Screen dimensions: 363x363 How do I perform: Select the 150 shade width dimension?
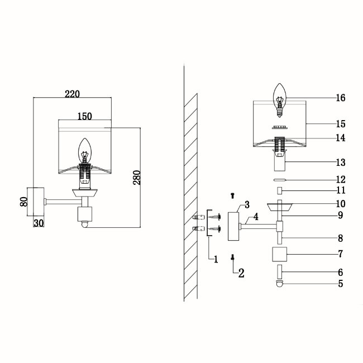point(85,116)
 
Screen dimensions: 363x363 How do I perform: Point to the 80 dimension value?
point(24,201)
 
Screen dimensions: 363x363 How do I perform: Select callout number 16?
point(341,98)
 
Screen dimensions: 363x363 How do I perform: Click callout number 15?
point(341,123)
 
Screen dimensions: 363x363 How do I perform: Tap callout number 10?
point(341,204)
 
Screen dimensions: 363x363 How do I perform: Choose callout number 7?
point(341,254)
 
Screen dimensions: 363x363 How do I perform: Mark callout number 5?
point(341,283)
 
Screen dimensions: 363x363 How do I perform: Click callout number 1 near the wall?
point(216,259)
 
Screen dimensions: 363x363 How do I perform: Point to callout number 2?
point(241,273)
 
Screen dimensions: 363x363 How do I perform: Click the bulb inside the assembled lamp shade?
point(84,150)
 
